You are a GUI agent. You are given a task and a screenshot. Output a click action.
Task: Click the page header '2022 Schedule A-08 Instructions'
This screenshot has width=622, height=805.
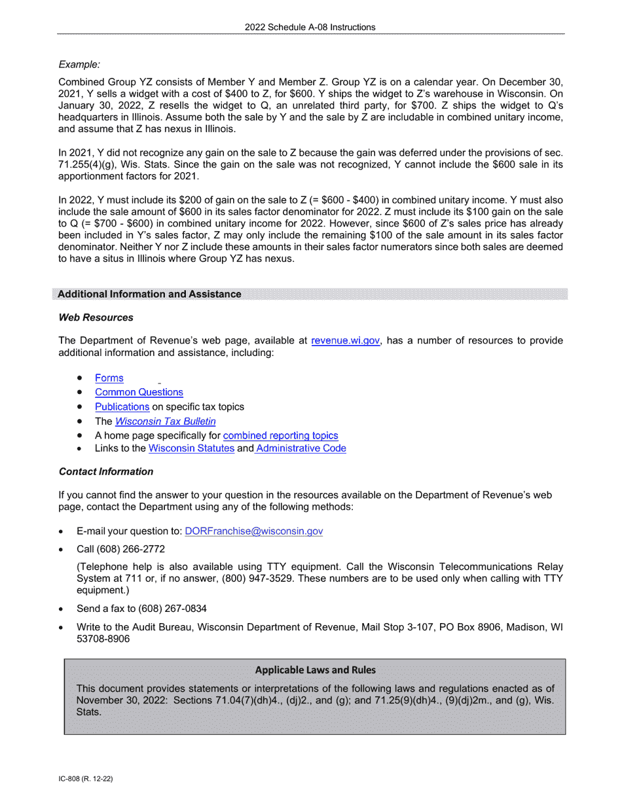point(310,27)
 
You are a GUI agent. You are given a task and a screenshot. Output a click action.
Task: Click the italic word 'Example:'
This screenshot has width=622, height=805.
point(79,64)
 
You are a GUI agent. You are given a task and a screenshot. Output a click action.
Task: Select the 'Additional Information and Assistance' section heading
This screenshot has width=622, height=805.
point(149,294)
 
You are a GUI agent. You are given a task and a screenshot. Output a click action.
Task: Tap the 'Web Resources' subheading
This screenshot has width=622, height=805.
point(96,317)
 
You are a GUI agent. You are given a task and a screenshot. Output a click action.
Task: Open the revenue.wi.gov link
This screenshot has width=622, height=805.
point(345,340)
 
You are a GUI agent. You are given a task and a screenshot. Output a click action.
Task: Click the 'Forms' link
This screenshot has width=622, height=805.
point(109,378)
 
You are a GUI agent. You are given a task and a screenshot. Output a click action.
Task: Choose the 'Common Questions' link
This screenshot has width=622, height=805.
point(139,392)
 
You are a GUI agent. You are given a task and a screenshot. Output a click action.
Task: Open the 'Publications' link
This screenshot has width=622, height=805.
point(122,406)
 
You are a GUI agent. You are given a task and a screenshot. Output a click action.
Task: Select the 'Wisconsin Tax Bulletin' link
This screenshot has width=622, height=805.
point(165,421)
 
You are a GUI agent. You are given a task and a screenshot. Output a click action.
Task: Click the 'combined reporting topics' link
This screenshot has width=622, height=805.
point(280,435)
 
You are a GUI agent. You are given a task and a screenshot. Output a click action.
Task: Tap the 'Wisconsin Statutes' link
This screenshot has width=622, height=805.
point(191,448)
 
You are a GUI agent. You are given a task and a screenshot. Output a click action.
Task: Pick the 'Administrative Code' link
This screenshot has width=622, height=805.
point(301,448)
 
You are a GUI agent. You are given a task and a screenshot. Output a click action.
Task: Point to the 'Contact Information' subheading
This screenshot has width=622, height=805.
point(106,471)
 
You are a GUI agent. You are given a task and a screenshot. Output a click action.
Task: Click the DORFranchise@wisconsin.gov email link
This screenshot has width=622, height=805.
point(254,531)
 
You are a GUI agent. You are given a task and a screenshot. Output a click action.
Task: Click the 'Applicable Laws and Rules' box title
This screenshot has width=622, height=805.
point(315,670)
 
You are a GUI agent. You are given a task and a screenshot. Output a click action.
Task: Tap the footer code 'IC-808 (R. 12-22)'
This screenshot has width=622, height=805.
point(86,779)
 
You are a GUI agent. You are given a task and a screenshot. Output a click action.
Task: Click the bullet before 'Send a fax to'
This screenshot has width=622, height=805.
point(61,609)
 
